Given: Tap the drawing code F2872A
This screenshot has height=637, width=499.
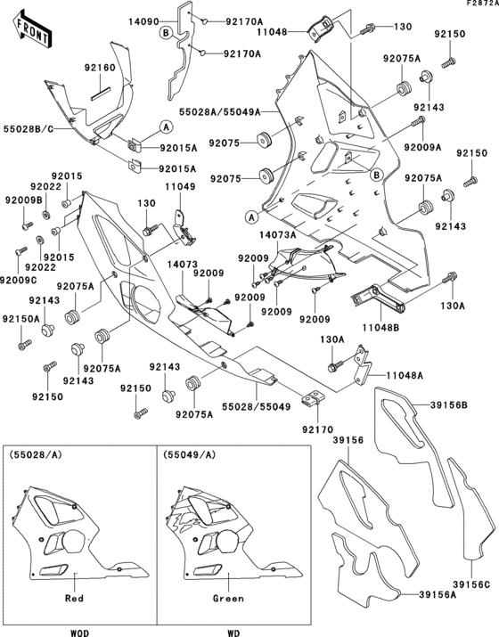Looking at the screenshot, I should tap(478, 5).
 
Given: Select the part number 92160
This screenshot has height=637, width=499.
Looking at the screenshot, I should tap(100, 68).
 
